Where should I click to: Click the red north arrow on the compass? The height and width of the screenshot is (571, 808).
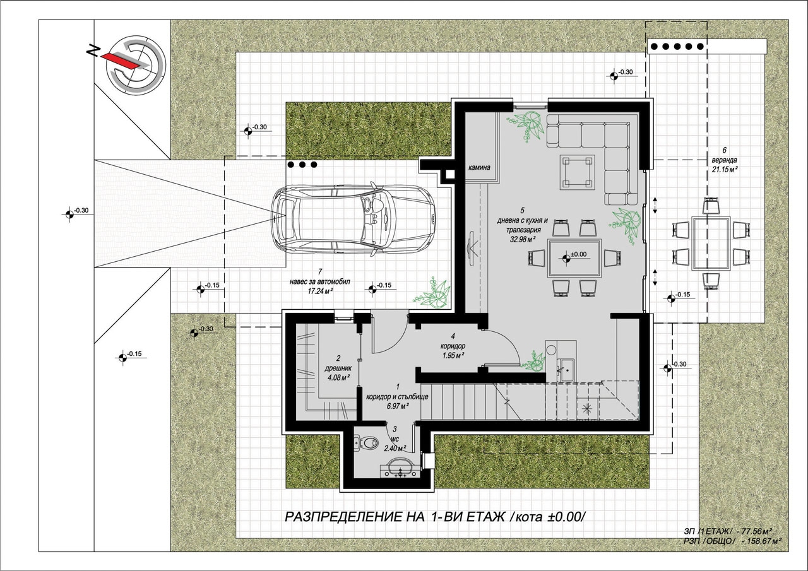coord(119,61)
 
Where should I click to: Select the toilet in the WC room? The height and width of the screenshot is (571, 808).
coord(365,442)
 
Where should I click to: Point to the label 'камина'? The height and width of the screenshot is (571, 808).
coord(479,167)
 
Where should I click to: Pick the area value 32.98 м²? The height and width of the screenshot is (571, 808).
coord(522,239)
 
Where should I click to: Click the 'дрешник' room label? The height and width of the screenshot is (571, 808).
coord(338,368)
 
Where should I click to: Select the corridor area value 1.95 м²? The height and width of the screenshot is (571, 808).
coord(453,356)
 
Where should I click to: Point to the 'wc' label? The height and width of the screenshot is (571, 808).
coord(395,439)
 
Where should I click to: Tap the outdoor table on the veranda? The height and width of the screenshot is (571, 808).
coord(711,243)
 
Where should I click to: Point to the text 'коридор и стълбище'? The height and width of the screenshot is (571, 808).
coord(397,397)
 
